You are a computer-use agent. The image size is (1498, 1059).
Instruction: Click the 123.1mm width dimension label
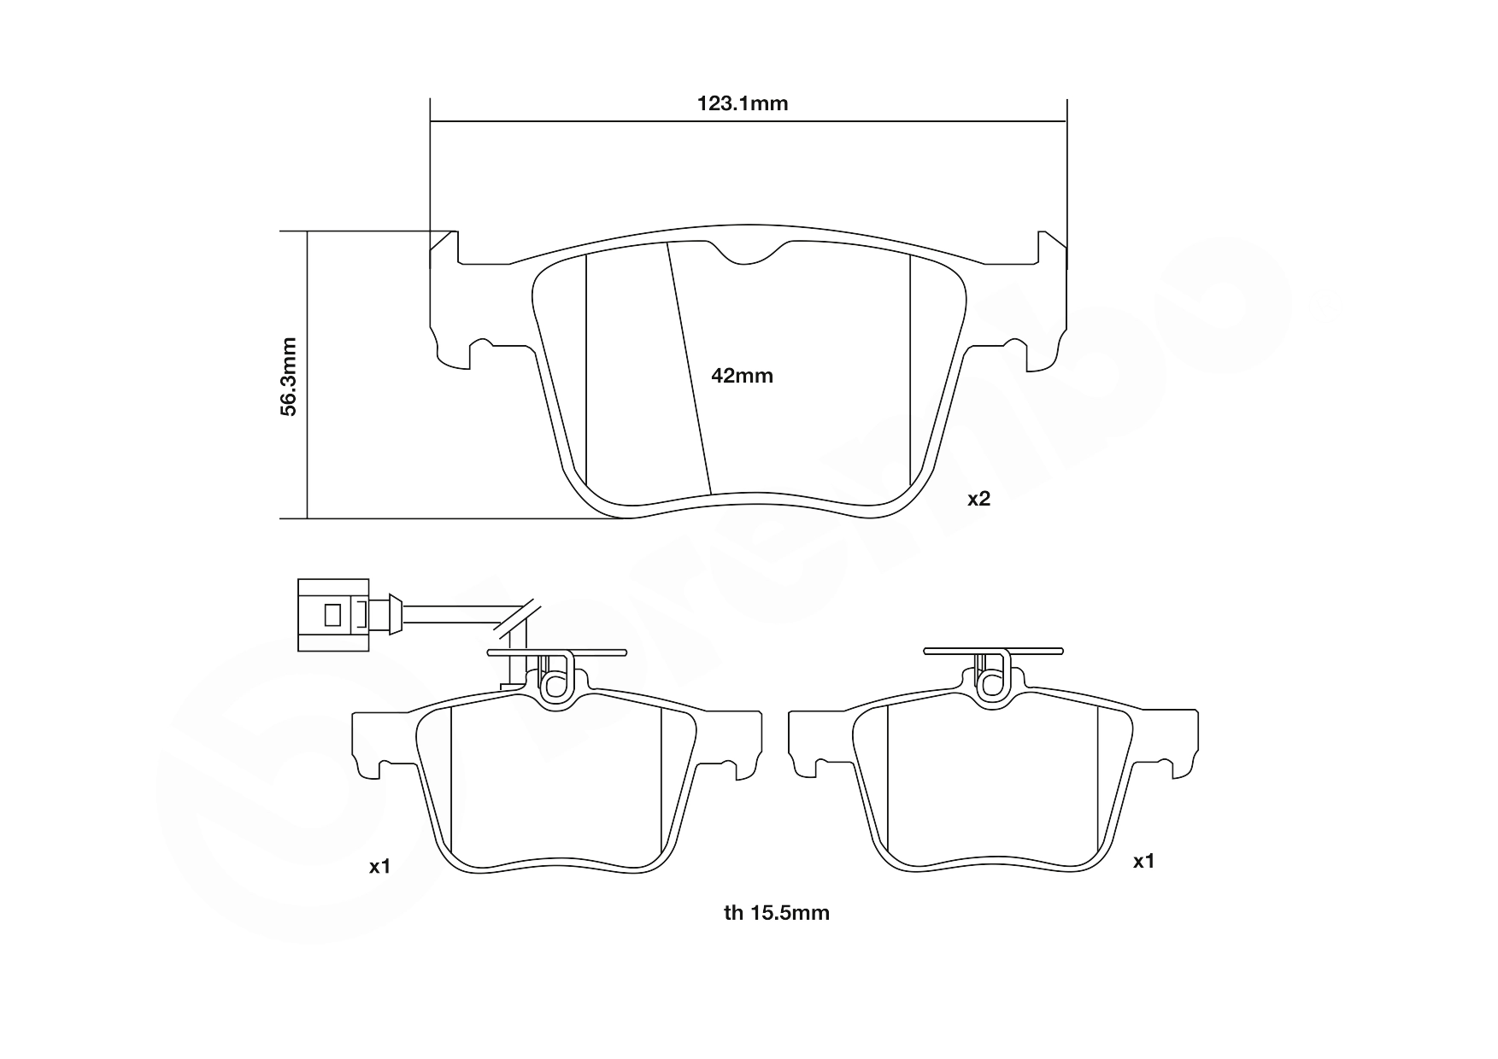coord(742,104)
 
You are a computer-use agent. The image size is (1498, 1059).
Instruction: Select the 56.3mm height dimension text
coord(290,377)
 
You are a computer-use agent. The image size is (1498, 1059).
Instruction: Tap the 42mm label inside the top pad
coord(742,376)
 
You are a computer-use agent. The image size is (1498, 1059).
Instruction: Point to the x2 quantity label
coord(978,500)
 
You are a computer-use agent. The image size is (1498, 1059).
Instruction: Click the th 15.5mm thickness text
coord(776,913)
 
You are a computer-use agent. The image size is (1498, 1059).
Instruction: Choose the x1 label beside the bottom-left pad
coord(379,867)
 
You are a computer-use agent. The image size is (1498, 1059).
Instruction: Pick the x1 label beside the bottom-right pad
coord(1143,862)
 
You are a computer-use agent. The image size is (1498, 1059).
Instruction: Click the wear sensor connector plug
coord(334,615)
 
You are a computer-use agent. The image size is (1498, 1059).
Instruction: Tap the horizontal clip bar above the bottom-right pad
coord(993,652)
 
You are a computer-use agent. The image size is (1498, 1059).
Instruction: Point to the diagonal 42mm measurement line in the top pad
coord(689,367)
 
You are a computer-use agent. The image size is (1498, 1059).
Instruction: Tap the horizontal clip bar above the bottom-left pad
coord(555,652)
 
